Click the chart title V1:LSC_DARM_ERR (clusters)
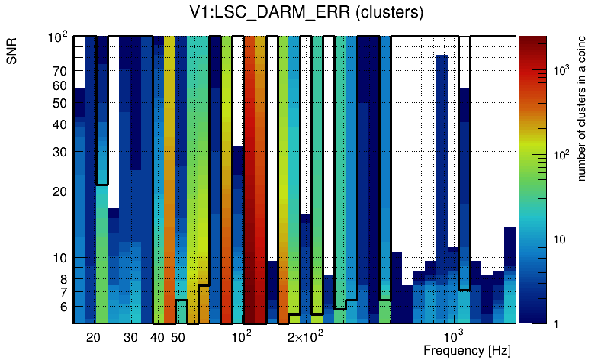click(306, 13)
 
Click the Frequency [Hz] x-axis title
click(467, 350)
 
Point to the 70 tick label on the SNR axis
click(59, 71)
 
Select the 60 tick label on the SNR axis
click(59, 85)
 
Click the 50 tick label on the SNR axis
click(59, 103)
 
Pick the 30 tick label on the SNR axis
click(59, 152)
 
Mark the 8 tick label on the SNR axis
click(63, 279)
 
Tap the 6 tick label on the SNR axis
click(63, 307)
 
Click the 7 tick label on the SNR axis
click(63, 292)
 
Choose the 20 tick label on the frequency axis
click(93, 337)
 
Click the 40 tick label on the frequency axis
click(157, 337)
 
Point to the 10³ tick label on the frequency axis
click(453, 336)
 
